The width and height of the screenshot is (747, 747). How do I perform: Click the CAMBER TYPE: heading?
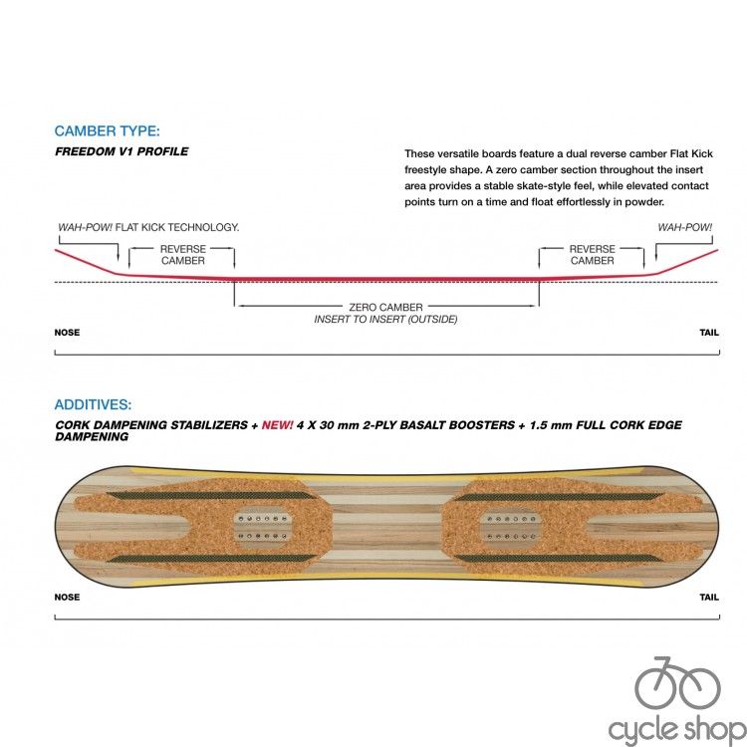(108, 131)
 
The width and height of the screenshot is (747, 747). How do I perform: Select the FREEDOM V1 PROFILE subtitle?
(122, 151)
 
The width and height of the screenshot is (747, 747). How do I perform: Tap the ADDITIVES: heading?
(93, 404)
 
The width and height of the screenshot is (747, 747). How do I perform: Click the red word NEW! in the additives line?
(277, 425)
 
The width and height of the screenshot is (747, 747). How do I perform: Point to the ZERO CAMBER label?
(385, 308)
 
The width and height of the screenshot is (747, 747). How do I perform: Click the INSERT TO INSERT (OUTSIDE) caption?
(385, 319)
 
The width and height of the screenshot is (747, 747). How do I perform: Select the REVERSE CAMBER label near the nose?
(183, 255)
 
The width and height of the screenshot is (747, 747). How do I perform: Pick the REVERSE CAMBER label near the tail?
(593, 255)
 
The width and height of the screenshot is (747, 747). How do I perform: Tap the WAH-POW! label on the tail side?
(685, 227)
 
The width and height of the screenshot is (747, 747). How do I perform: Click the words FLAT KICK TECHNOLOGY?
(177, 227)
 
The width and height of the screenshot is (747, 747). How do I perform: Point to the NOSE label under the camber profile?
(67, 333)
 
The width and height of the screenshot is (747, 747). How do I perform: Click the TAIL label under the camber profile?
(709, 333)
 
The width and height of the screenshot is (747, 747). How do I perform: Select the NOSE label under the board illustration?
(67, 597)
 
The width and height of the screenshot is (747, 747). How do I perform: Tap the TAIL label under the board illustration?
(709, 597)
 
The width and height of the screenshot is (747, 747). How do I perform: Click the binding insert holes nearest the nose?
(263, 527)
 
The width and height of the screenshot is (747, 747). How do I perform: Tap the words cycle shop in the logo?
(676, 730)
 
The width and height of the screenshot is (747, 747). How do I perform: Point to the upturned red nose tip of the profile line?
(56, 250)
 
